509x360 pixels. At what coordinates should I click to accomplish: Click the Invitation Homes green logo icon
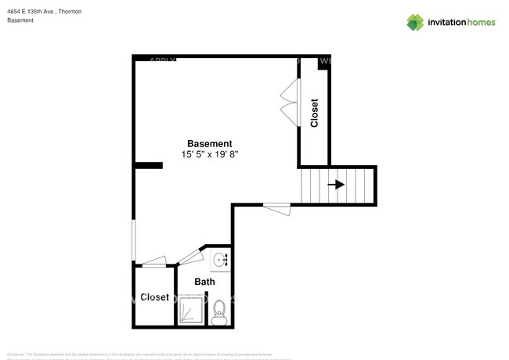tap(415, 23)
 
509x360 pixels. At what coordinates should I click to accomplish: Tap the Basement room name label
tap(209, 144)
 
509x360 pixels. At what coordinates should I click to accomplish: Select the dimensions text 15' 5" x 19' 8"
tap(209, 155)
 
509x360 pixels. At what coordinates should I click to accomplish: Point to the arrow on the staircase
tap(337, 185)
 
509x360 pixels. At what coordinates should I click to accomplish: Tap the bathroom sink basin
tap(220, 259)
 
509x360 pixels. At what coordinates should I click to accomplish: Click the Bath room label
tap(204, 282)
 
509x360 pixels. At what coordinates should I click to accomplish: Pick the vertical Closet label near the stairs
tap(315, 113)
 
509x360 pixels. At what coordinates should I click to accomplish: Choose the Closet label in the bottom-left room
tap(154, 297)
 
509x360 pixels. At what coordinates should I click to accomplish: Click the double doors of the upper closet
tap(289, 102)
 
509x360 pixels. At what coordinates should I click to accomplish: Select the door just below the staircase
tap(276, 207)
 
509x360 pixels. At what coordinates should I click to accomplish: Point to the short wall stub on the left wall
tap(144, 165)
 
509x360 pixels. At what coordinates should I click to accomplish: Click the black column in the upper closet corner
tap(322, 65)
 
